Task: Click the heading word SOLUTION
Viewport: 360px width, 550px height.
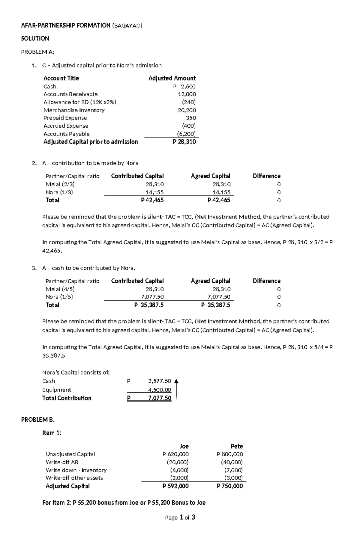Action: tap(35, 38)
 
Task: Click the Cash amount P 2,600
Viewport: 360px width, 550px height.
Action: tap(184, 87)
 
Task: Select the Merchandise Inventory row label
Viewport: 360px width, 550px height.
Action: tap(74, 110)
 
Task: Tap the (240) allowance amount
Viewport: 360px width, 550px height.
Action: tap(189, 102)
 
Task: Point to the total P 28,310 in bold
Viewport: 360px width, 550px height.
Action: tap(184, 142)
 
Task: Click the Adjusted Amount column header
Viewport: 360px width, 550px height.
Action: tap(172, 78)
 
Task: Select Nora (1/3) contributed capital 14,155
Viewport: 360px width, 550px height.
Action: tap(154, 192)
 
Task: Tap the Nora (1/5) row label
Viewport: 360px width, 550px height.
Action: tap(59, 297)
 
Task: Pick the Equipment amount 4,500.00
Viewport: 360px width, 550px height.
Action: tap(160, 390)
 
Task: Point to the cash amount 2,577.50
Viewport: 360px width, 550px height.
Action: tap(159, 381)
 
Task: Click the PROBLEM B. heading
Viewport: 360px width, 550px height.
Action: tap(38, 420)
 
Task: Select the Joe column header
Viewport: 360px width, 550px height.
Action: tap(184, 446)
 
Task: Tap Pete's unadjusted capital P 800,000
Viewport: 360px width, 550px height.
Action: tap(230, 454)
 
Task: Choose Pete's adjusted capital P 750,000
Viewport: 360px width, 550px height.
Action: tap(230, 486)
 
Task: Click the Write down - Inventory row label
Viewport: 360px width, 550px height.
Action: tap(76, 470)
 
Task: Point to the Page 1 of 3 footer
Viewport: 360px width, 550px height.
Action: tap(180, 517)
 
